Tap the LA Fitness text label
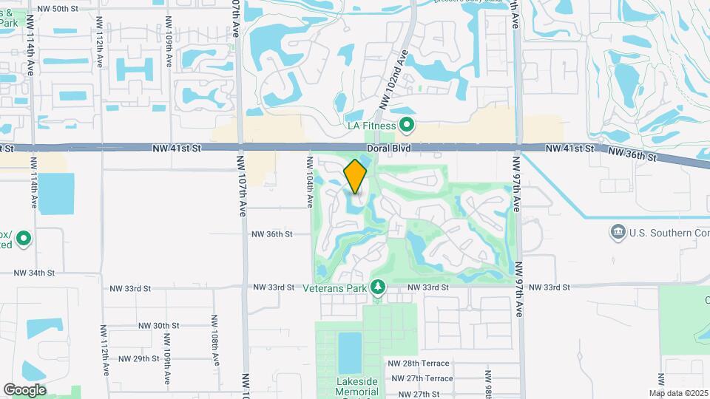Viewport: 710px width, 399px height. pyautogui.click(x=373, y=126)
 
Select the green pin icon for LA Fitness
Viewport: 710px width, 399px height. pyautogui.click(x=406, y=125)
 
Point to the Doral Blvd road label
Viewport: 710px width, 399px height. pyautogui.click(x=389, y=149)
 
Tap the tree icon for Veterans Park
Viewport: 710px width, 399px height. pyautogui.click(x=378, y=287)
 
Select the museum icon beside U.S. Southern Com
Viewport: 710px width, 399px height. pyautogui.click(x=617, y=233)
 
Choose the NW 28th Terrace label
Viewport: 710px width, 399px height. pyautogui.click(x=418, y=364)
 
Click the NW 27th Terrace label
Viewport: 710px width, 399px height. pyautogui.click(x=418, y=378)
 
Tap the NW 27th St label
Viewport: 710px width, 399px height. pyautogui.click(x=417, y=394)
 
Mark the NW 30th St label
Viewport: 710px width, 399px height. pyautogui.click(x=159, y=325)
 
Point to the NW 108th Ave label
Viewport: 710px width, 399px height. pyautogui.click(x=214, y=339)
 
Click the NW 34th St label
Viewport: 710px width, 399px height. pyautogui.click(x=34, y=273)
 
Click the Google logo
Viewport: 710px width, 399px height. pyautogui.click(x=24, y=389)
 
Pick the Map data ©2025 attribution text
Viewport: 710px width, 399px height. pyautogui.click(x=677, y=393)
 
